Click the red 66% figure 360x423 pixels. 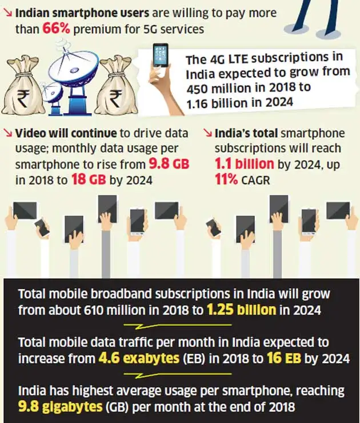point(57,29)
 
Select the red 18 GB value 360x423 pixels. point(84,178)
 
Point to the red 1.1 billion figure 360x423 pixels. point(244,163)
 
